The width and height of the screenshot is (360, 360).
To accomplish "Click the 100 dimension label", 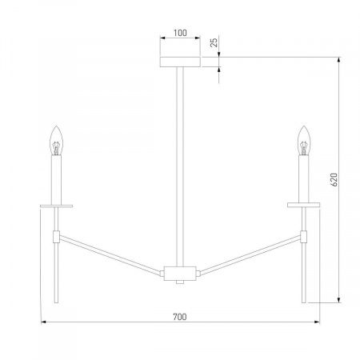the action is [x=180, y=33].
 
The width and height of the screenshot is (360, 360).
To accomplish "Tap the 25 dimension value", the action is [x=214, y=42].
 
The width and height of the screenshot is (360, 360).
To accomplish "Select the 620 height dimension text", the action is [x=334, y=179].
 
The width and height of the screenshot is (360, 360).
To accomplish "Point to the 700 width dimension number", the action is [x=180, y=317].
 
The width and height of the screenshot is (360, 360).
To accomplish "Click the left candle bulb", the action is [x=56, y=140].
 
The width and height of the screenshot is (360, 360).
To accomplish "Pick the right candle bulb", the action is [x=304, y=140].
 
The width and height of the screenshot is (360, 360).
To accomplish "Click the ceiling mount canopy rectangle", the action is [x=180, y=62].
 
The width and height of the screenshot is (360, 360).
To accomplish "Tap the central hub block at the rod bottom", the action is [x=180, y=274].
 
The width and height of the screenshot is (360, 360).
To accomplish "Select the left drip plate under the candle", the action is [x=56, y=206].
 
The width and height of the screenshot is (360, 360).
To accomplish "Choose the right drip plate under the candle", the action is [x=304, y=205].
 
